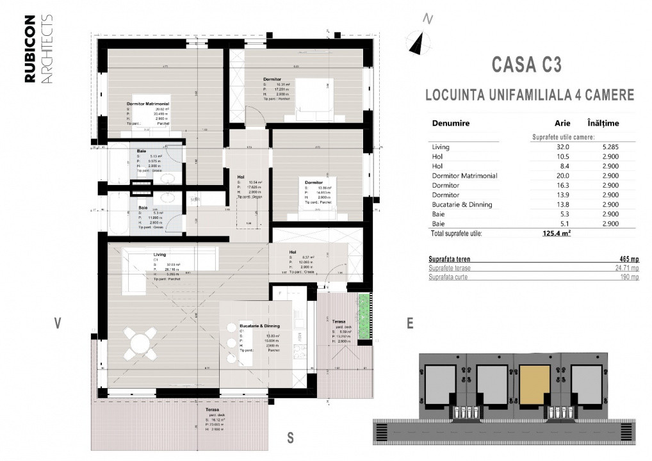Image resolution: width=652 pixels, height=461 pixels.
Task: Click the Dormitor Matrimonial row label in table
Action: point(464,175)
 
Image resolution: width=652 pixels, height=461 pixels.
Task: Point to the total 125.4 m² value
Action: point(556,234)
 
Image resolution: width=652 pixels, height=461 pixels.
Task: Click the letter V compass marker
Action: point(58,323)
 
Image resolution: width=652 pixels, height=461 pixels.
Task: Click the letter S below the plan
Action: point(290,439)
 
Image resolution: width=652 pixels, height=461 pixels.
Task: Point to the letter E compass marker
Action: point(410,323)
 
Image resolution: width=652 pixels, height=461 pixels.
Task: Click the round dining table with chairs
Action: point(140,344)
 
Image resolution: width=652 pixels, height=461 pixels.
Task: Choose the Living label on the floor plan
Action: point(159,254)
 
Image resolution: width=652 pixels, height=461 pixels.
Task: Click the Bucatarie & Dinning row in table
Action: point(462,204)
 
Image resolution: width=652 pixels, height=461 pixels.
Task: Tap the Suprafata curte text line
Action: point(450,277)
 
